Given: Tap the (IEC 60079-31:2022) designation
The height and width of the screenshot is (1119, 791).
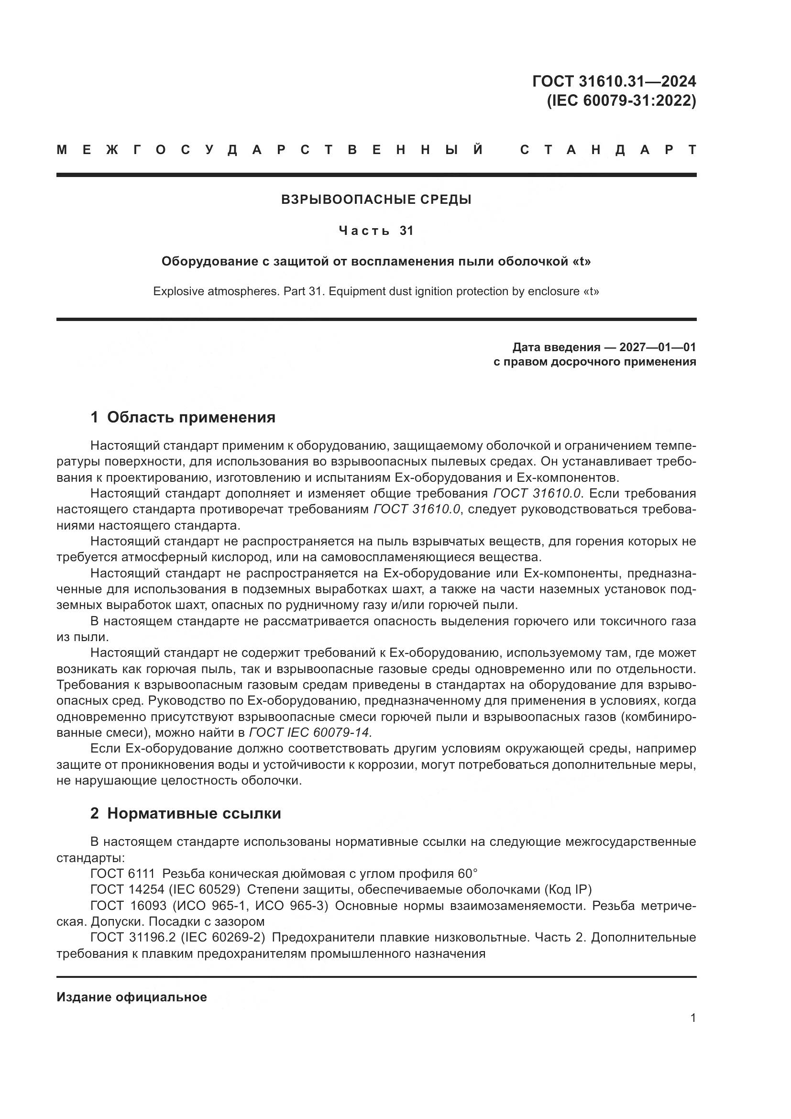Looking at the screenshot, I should click(x=621, y=101).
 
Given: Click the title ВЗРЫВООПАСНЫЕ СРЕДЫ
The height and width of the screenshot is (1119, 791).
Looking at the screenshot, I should click(x=376, y=199).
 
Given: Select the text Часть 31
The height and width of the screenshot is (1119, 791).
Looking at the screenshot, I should click(x=376, y=231).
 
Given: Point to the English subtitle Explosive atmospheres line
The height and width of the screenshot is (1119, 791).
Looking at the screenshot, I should click(x=376, y=291).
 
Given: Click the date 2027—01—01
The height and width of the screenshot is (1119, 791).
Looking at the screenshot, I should click(x=657, y=347).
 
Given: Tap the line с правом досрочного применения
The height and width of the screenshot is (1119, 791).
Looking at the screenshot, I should click(x=594, y=362).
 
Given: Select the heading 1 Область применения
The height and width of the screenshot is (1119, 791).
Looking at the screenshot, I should click(x=183, y=417).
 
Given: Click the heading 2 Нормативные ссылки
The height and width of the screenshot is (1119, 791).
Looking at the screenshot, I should click(x=186, y=813).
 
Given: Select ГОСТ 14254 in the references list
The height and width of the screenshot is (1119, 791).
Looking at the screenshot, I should click(x=128, y=889).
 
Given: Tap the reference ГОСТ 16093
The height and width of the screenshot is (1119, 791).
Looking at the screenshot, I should click(x=128, y=906).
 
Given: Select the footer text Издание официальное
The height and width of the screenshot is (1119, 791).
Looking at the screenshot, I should click(x=132, y=997).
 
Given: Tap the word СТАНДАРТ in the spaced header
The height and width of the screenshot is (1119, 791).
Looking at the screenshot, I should click(x=608, y=150).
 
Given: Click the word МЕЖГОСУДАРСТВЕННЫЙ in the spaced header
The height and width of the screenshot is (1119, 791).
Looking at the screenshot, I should click(x=270, y=150).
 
